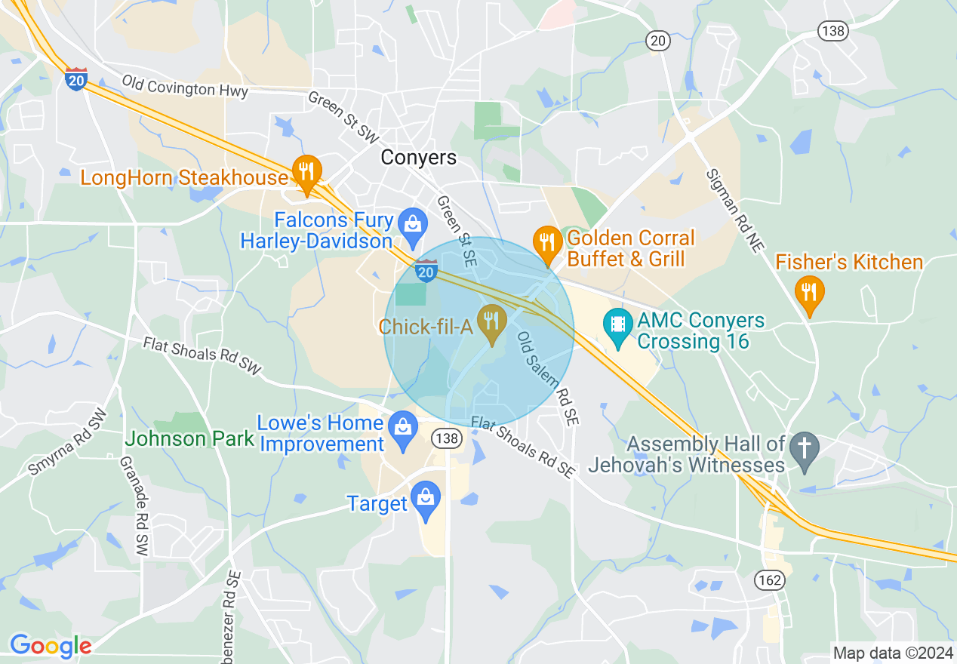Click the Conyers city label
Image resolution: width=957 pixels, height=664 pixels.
(419, 157)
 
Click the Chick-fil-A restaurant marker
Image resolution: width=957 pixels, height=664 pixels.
(492, 322)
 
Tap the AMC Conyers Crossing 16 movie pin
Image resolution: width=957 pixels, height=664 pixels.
(618, 327)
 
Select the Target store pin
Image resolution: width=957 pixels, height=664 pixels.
(426, 499)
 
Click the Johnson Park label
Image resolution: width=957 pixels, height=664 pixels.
(189, 438)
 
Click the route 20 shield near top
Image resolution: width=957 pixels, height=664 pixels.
(657, 42)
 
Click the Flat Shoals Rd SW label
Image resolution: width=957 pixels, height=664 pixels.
(202, 357)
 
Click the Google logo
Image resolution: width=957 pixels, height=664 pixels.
(51, 646)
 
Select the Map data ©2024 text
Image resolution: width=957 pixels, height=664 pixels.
(891, 652)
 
